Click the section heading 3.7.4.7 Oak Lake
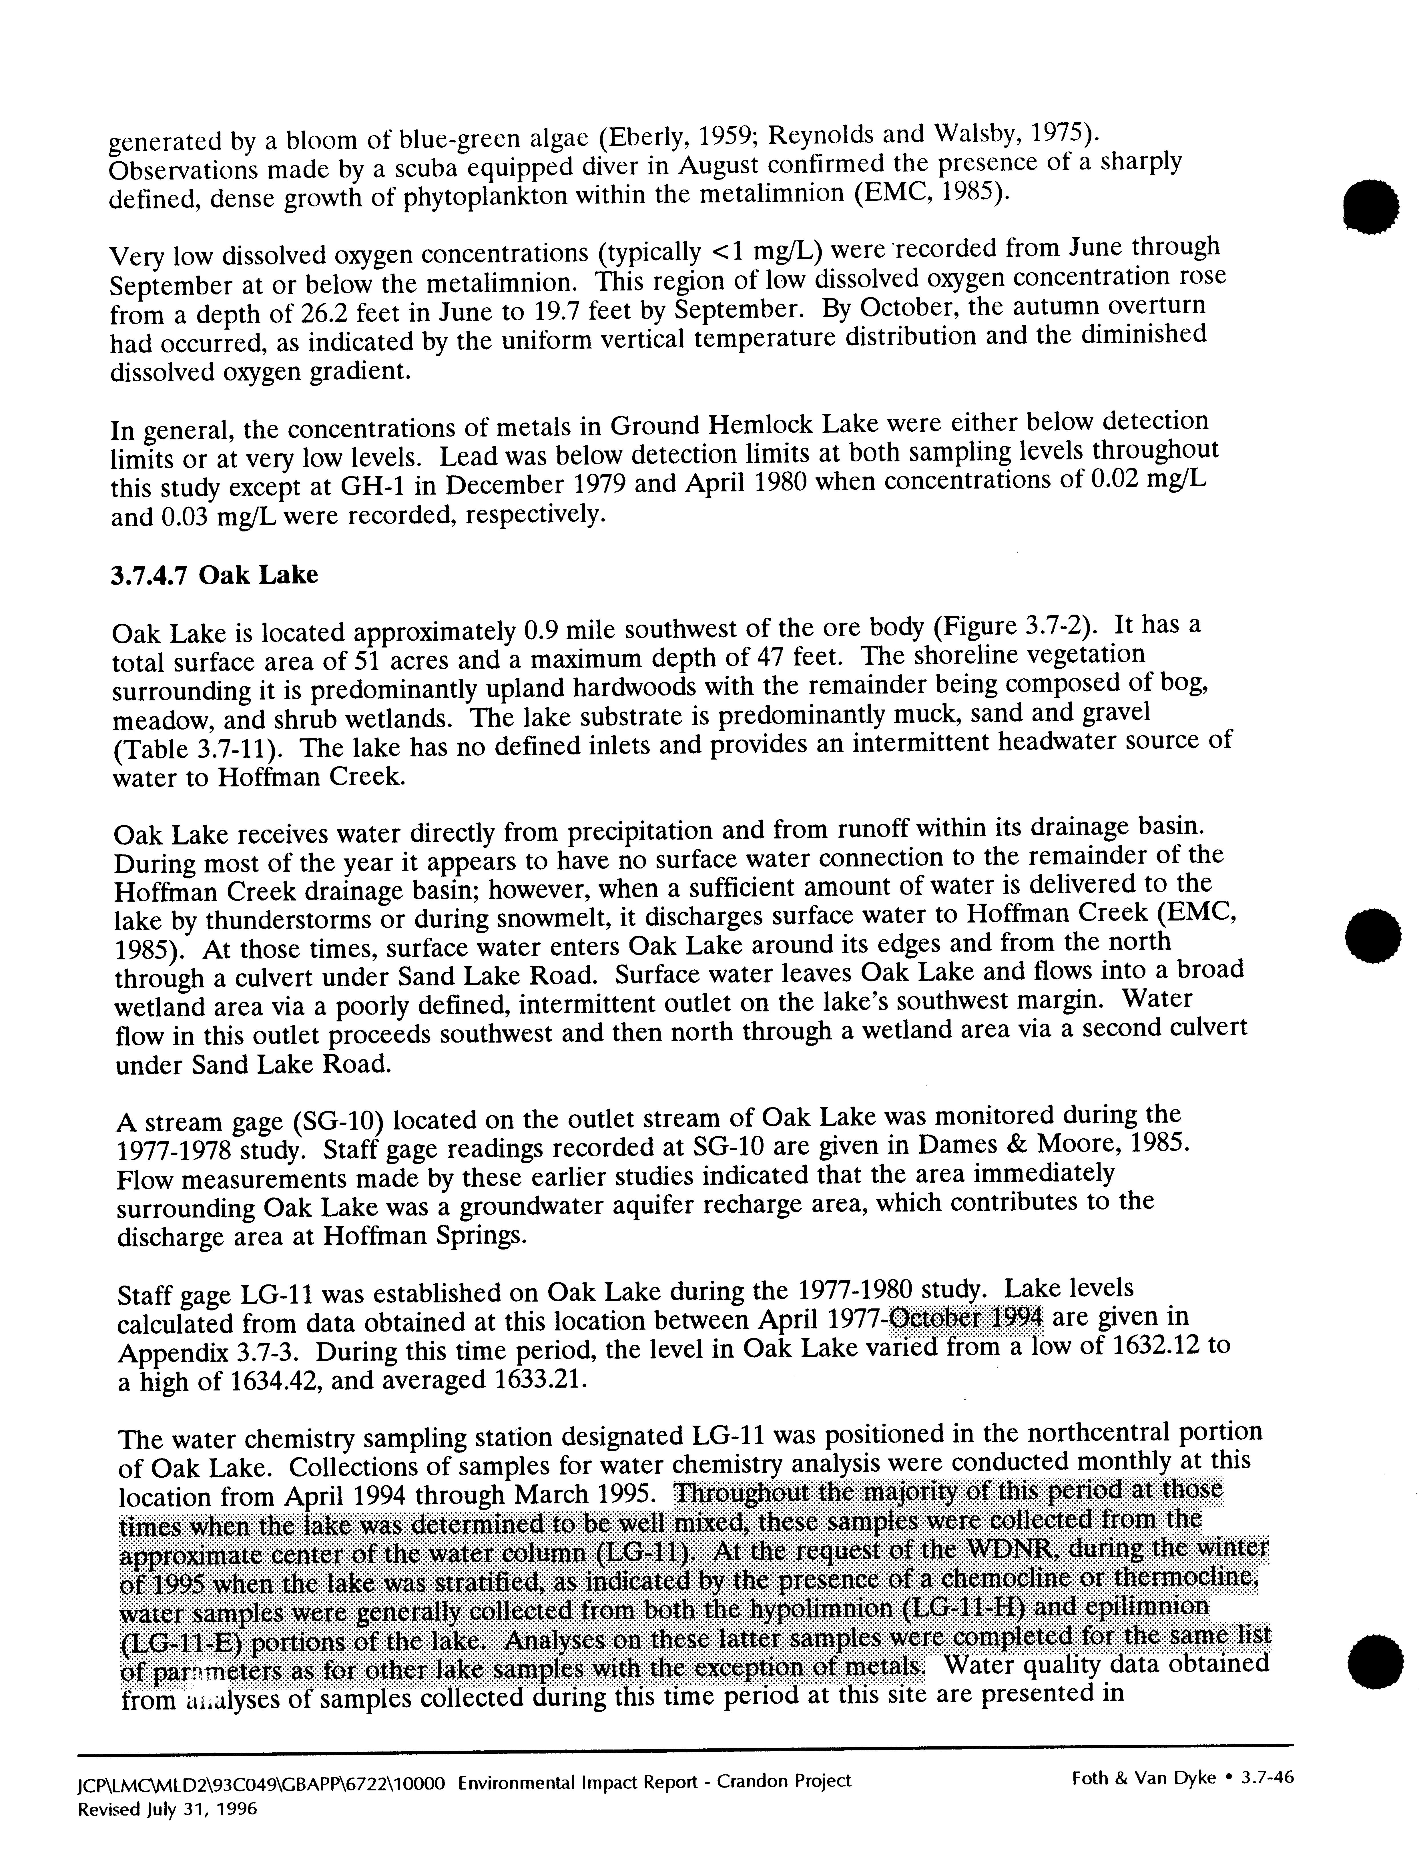pos(214,575)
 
